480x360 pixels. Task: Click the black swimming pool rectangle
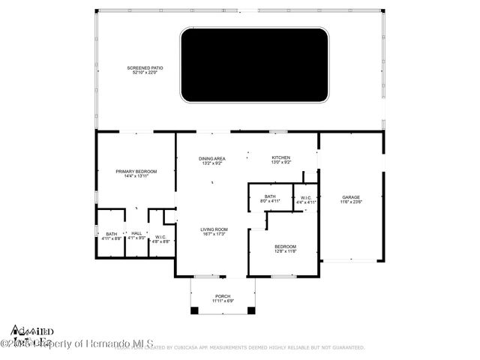click(x=255, y=65)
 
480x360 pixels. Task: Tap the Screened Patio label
click(x=148, y=67)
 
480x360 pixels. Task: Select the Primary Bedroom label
click(x=136, y=172)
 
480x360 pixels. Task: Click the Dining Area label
click(x=212, y=158)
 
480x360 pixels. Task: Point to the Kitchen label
click(x=280, y=157)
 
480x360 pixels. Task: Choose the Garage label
click(x=351, y=197)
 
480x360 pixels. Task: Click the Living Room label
click(x=214, y=229)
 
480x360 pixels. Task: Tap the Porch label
click(x=223, y=295)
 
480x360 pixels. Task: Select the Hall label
click(x=136, y=233)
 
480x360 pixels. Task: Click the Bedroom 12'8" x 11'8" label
click(x=285, y=247)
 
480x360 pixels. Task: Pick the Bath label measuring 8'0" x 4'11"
click(x=270, y=197)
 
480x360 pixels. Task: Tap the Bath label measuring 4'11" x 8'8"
click(x=111, y=233)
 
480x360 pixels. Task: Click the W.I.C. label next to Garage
click(x=306, y=198)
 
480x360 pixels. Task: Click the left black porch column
click(x=195, y=310)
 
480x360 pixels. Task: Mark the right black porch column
click(x=251, y=310)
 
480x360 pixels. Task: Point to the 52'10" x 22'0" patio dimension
click(x=148, y=73)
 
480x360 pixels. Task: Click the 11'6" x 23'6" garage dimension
click(x=351, y=202)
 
